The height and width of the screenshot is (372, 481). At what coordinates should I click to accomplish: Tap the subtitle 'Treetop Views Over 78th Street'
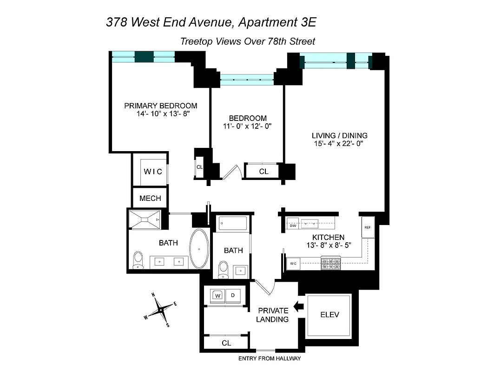[247, 41]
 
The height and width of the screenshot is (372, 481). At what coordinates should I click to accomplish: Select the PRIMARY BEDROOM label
[160, 106]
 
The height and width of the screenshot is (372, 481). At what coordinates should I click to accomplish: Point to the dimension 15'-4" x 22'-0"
[338, 144]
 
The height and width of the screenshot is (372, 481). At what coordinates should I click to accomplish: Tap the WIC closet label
[152, 172]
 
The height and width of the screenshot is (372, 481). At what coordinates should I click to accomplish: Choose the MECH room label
[150, 198]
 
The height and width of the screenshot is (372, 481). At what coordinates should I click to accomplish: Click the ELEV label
[329, 315]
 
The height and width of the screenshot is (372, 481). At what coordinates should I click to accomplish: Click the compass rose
[160, 310]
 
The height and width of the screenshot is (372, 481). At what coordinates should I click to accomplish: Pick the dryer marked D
[233, 295]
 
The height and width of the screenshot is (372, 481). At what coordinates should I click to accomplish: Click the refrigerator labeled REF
[368, 227]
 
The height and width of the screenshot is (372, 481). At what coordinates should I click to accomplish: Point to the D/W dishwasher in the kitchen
[293, 226]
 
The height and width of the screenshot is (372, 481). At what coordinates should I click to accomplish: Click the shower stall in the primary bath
[145, 219]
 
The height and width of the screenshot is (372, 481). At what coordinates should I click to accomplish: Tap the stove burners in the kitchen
[330, 265]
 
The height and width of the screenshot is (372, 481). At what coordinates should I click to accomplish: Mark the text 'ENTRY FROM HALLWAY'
[270, 359]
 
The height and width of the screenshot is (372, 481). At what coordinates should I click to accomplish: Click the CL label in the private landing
[226, 343]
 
